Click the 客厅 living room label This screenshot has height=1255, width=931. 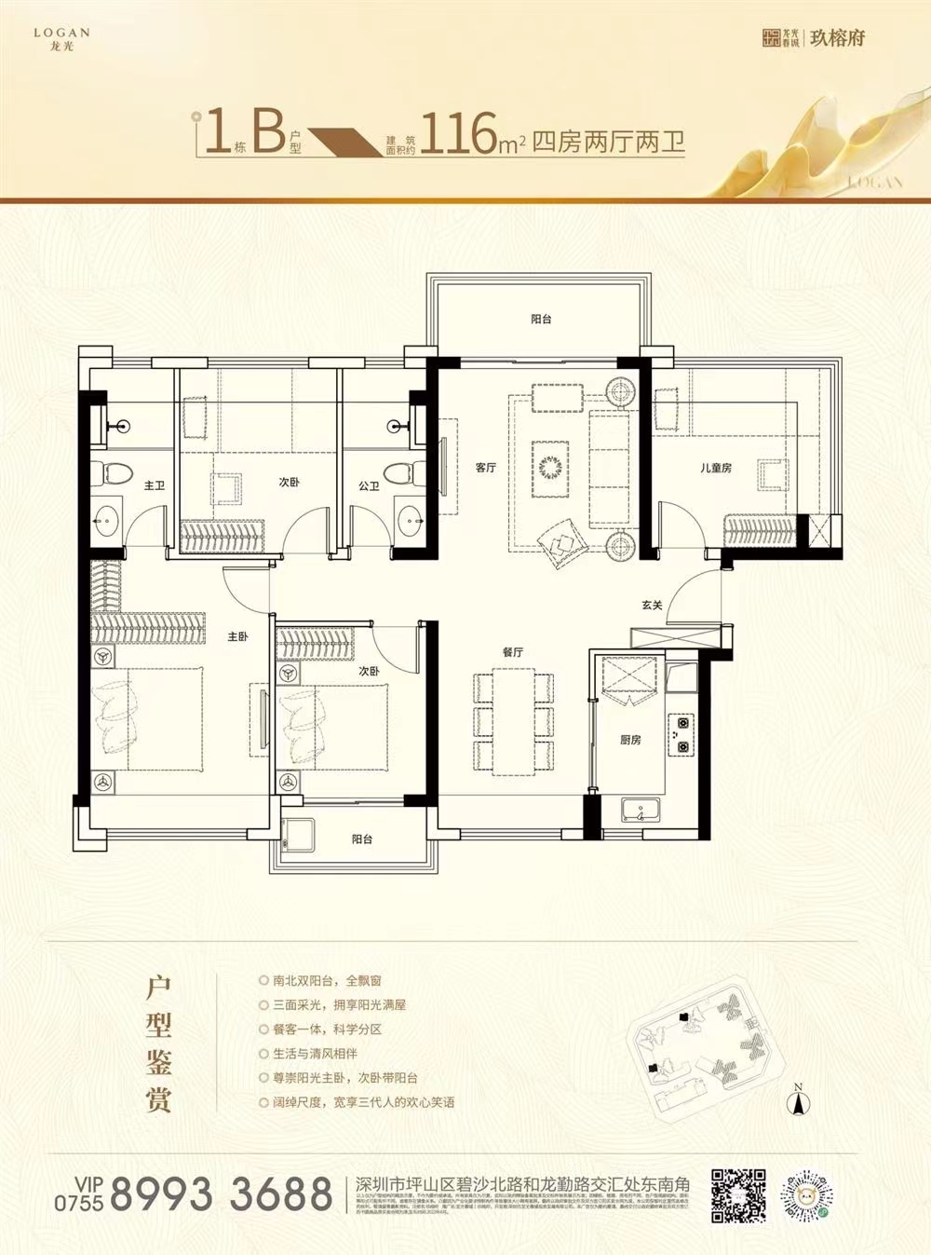coord(485,468)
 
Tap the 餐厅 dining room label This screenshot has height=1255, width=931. coord(512,652)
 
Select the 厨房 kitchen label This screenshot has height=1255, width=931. coord(630,740)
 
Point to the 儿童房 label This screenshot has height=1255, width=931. coord(716,468)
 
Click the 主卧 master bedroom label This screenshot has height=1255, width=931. coord(237,637)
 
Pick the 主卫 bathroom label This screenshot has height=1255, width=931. coord(155,485)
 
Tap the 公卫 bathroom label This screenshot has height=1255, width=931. coord(369,485)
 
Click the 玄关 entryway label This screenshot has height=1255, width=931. coord(652,606)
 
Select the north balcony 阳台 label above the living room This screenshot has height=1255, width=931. coord(541,320)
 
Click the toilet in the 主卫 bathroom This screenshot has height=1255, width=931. coord(116,472)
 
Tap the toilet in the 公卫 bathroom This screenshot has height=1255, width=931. coord(400,472)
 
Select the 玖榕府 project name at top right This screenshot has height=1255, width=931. coord(837,38)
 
